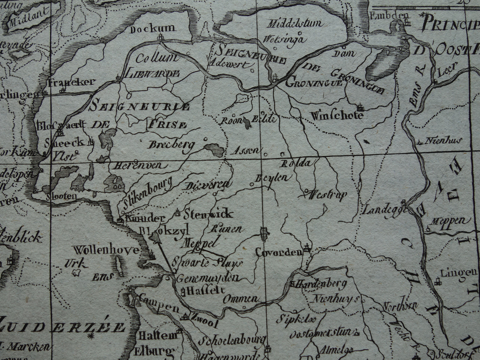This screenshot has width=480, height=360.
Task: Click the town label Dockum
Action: tap(153, 29)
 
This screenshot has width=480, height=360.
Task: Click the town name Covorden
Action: tap(278, 252)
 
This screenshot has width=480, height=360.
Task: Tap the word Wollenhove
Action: tap(106, 250)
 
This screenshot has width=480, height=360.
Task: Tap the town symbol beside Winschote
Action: tap(359, 108)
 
